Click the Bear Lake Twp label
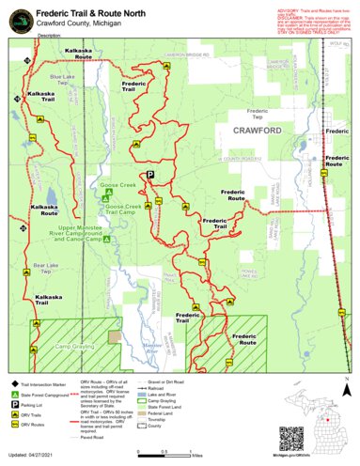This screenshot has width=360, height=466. click(x=46, y=269)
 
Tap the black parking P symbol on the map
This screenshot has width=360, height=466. click(x=149, y=174)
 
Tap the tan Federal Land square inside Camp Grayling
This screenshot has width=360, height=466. click(x=115, y=335)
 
